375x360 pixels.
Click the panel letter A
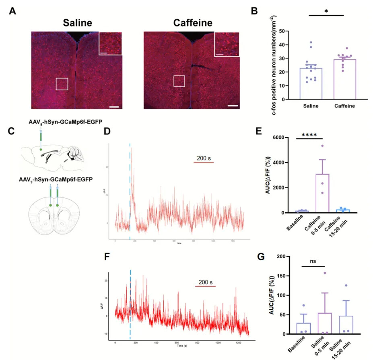point(13,12)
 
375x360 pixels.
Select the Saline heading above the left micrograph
point(77,23)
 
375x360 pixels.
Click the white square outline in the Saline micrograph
point(62,84)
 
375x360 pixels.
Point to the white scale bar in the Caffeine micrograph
point(233,106)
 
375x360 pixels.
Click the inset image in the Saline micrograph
point(110,43)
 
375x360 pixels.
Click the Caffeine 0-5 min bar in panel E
point(322,193)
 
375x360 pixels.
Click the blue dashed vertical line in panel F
point(130,306)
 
